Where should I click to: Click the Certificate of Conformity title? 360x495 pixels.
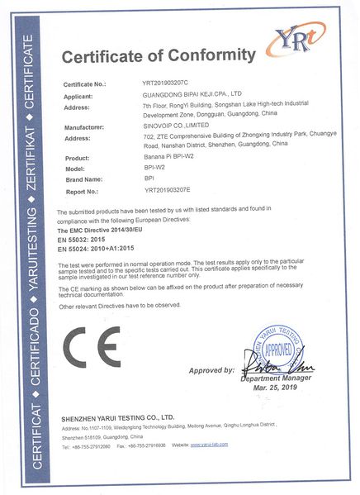(x=158, y=55)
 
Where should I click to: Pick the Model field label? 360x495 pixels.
(x=75, y=168)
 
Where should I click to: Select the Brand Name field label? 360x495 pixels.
(x=83, y=178)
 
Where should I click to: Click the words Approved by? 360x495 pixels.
(x=212, y=371)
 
